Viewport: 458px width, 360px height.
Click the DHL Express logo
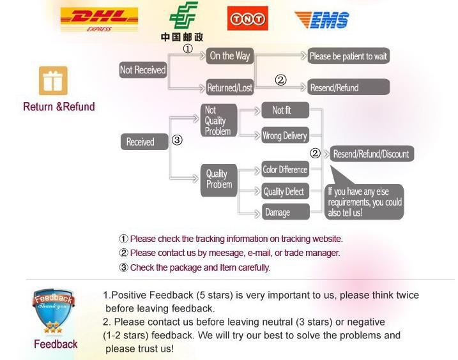click(98, 19)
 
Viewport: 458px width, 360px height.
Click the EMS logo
click(321, 20)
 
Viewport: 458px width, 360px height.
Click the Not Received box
click(142, 70)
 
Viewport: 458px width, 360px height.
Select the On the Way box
click(230, 56)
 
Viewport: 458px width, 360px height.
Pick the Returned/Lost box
click(230, 87)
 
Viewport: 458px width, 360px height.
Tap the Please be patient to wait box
click(348, 56)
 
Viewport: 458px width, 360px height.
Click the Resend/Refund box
click(348, 87)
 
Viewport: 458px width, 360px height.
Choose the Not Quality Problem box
click(215, 121)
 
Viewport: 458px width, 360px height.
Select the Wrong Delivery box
click(285, 135)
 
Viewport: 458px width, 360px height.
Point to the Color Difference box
click(285, 170)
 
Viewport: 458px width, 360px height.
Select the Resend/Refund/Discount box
click(370, 154)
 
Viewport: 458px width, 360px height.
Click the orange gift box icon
click(53, 81)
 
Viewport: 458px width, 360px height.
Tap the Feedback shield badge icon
click(54, 311)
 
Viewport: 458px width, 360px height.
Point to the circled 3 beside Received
click(178, 140)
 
